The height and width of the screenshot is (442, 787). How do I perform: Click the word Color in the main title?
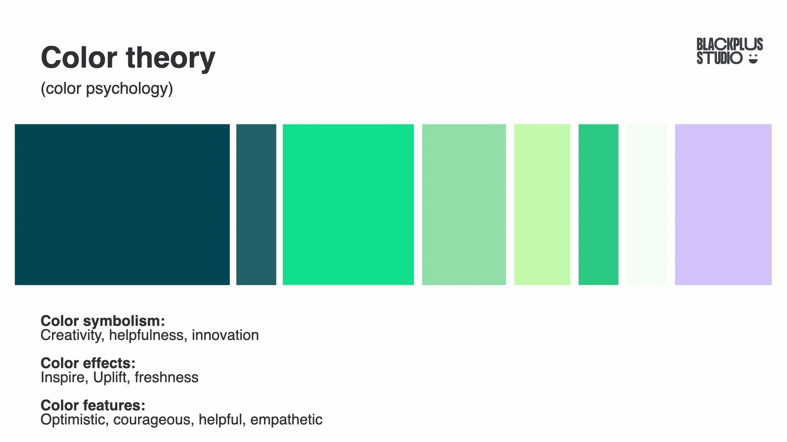pyautogui.click(x=79, y=57)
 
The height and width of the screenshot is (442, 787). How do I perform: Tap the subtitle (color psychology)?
pyautogui.click(x=107, y=88)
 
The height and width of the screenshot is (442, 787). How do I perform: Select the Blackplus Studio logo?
pyautogui.click(x=730, y=51)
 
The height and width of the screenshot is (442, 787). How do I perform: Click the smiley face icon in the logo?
pyautogui.click(x=753, y=59)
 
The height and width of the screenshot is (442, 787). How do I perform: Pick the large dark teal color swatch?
pyautogui.click(x=122, y=205)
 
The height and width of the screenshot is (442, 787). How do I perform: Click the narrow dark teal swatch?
pyautogui.click(x=256, y=205)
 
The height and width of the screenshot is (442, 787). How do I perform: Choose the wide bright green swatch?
pyautogui.click(x=348, y=205)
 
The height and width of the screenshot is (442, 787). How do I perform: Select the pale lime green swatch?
pyautogui.click(x=542, y=205)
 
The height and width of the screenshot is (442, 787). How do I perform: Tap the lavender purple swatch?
pyautogui.click(x=723, y=205)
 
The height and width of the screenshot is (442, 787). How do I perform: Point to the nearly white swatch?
pyautogui.click(x=647, y=205)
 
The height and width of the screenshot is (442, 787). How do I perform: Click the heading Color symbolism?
pyautogui.click(x=102, y=321)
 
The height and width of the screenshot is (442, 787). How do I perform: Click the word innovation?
pyautogui.click(x=225, y=335)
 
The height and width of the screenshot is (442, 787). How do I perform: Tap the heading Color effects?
pyautogui.click(x=88, y=363)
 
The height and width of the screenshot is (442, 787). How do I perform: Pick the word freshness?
pyautogui.click(x=166, y=377)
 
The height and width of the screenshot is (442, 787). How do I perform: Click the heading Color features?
pyautogui.click(x=93, y=405)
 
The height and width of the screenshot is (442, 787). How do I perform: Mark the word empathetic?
pyautogui.click(x=286, y=420)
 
